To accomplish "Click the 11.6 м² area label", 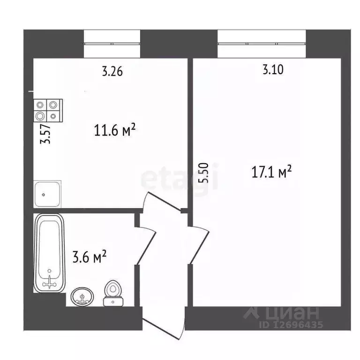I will coord(115,130).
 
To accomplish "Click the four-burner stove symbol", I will coord(47,111).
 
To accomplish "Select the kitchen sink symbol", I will coord(47,193).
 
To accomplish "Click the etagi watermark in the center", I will coord(180,177).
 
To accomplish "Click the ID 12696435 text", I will coord(291,324).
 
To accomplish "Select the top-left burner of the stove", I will coord(40,105).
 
